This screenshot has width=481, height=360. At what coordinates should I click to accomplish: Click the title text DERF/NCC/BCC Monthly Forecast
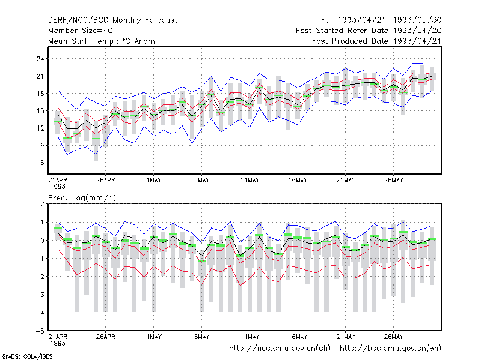(112, 20)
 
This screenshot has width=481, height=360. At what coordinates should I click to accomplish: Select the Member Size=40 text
(81, 31)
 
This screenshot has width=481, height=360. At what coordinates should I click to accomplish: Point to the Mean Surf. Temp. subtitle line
(102, 41)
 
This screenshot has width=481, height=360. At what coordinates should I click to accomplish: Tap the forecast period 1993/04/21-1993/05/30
(381, 20)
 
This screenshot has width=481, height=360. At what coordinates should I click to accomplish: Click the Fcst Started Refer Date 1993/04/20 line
(369, 31)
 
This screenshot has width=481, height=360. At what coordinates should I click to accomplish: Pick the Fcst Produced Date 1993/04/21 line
(377, 41)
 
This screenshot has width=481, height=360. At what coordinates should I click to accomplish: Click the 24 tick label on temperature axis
(40, 58)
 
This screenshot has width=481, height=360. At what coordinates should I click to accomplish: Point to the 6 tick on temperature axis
(42, 163)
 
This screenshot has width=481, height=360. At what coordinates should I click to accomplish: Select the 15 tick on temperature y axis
(40, 110)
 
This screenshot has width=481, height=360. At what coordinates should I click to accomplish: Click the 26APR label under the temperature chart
(106, 180)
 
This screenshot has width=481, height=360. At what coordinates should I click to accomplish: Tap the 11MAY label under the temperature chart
(250, 180)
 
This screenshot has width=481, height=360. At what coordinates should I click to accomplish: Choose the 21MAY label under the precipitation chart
(346, 337)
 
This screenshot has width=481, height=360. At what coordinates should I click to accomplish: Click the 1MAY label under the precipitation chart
(154, 337)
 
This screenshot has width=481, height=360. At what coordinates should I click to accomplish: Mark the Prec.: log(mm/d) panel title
(82, 198)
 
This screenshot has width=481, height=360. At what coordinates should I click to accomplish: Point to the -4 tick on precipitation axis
(40, 313)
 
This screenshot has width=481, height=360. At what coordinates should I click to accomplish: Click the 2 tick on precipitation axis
(42, 204)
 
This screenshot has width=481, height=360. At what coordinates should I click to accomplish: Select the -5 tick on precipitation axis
(40, 331)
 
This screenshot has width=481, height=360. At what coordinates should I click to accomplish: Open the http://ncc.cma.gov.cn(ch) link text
(280, 349)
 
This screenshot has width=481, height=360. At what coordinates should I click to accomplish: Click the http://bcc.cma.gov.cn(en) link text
(390, 349)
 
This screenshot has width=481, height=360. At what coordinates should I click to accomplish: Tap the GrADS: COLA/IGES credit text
(27, 356)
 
